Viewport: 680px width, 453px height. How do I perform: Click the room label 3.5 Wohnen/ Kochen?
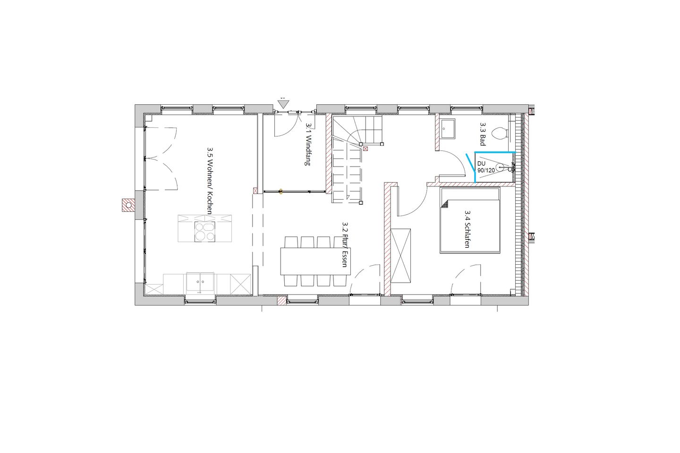point(210,181)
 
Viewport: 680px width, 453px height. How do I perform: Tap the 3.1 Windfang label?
point(308,144)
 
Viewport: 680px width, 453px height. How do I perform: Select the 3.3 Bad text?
point(483,134)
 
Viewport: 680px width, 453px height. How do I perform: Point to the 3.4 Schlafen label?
point(467,229)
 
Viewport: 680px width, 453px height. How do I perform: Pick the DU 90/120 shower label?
point(486,167)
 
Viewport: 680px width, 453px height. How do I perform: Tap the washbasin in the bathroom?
point(448,129)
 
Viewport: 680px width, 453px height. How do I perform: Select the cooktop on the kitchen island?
point(204,232)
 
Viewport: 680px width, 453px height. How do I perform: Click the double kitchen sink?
point(200,282)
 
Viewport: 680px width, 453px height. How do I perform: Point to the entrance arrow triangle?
point(283,104)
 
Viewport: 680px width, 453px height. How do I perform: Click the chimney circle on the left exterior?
point(129,205)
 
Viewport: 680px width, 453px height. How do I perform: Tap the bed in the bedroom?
point(469,220)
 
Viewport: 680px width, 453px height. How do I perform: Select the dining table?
point(315,261)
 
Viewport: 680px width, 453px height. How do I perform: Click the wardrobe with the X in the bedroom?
point(401,256)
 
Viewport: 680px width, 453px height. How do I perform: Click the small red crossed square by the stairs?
point(365,149)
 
